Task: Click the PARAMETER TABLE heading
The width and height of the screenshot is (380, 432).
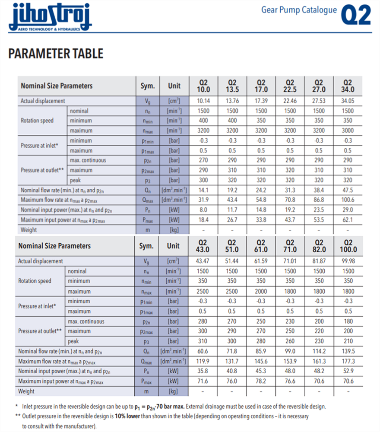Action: tap(56, 54)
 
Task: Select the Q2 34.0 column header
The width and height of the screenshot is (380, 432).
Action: tap(347, 86)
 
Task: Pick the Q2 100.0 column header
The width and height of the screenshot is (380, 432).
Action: tap(348, 246)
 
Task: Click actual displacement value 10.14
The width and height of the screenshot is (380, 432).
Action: tap(203, 101)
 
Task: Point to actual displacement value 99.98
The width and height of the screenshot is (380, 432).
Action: tap(348, 261)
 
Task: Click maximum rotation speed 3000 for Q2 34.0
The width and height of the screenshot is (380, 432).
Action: tap(347, 130)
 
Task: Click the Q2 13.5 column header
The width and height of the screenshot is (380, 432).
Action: tap(232, 86)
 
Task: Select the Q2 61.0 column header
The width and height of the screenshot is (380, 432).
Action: tap(261, 246)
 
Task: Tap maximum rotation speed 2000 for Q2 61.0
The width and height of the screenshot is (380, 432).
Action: tap(261, 291)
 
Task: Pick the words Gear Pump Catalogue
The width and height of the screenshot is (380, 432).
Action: tap(299, 10)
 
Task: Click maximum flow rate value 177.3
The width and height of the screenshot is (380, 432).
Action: tap(348, 361)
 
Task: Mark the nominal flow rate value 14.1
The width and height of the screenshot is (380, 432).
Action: tap(203, 191)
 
